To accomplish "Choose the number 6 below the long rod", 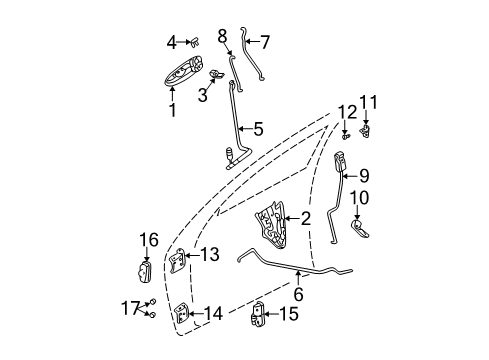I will point(297,294).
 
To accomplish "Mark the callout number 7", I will point(265,42).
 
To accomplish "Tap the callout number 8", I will point(222,35).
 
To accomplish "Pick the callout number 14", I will point(215,315).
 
